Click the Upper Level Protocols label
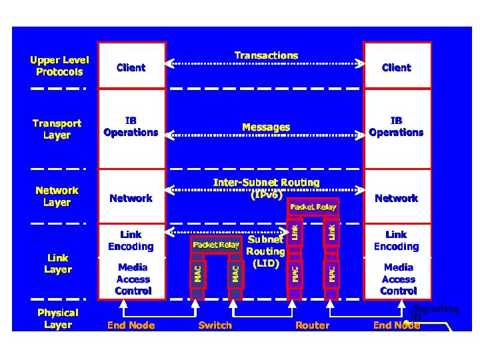[x=59, y=66]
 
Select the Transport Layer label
[x=57, y=129]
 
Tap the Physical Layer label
[x=58, y=319]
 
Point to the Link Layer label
[x=59, y=263]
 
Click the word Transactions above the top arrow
[x=266, y=55]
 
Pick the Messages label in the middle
[x=266, y=127]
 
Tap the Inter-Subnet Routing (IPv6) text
[x=266, y=188]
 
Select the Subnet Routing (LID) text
[x=265, y=251]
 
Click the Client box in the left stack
[x=131, y=67]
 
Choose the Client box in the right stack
[x=396, y=67]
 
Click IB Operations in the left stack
[x=131, y=127]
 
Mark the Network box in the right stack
[x=396, y=198]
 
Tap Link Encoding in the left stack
[x=131, y=241]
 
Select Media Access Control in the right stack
[x=399, y=279]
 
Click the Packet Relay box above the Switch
[x=216, y=245]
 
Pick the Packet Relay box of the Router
[x=313, y=207]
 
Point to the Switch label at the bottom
[x=215, y=325]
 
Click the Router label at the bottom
[x=312, y=325]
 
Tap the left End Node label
[x=131, y=325]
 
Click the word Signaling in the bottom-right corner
[x=436, y=309]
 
